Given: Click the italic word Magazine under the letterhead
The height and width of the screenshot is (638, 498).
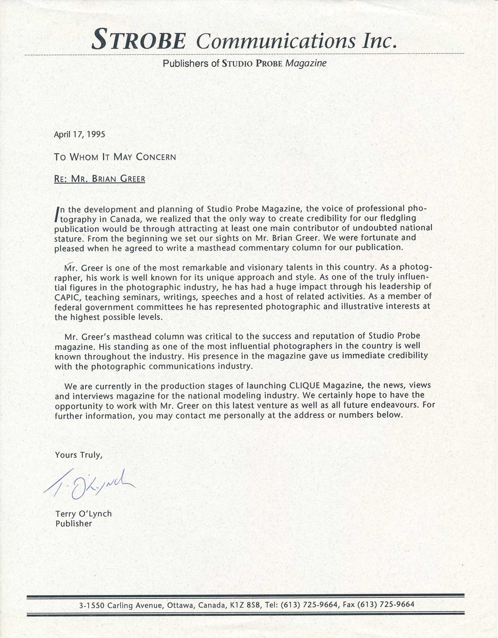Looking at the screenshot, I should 306,63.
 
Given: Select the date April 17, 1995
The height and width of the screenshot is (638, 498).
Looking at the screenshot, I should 79,134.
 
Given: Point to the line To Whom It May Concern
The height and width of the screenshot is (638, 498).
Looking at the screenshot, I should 115,157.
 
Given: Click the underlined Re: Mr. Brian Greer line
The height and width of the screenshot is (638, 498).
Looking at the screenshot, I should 100,179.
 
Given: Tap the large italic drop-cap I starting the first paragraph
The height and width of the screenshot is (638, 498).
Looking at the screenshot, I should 57,214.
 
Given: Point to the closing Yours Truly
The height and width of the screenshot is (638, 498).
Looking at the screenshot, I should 78,455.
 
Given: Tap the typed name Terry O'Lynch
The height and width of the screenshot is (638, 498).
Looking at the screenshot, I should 83,514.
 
